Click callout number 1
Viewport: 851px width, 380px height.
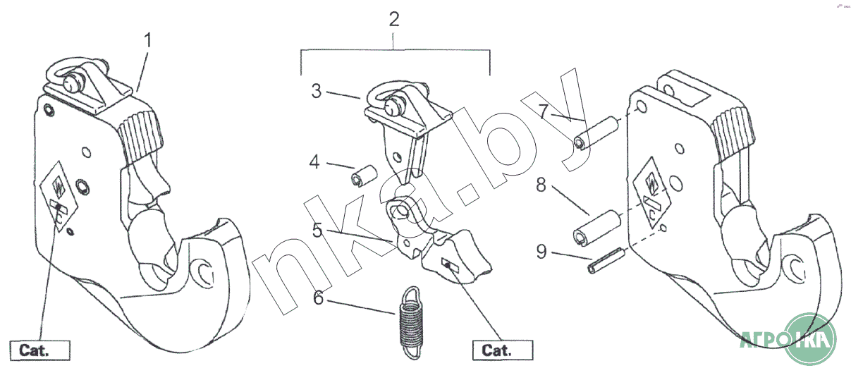[x=147, y=40]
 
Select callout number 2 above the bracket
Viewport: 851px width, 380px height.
[x=394, y=19]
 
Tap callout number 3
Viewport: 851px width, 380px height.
[x=317, y=91]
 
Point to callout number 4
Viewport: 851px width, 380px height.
[x=315, y=163]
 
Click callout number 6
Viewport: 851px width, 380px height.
[x=319, y=298]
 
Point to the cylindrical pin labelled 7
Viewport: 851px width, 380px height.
[x=596, y=135]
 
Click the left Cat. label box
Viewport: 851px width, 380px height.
[x=40, y=350]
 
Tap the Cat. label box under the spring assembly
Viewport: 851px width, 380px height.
[x=502, y=350]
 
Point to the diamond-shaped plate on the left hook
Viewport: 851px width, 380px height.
[x=60, y=195]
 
